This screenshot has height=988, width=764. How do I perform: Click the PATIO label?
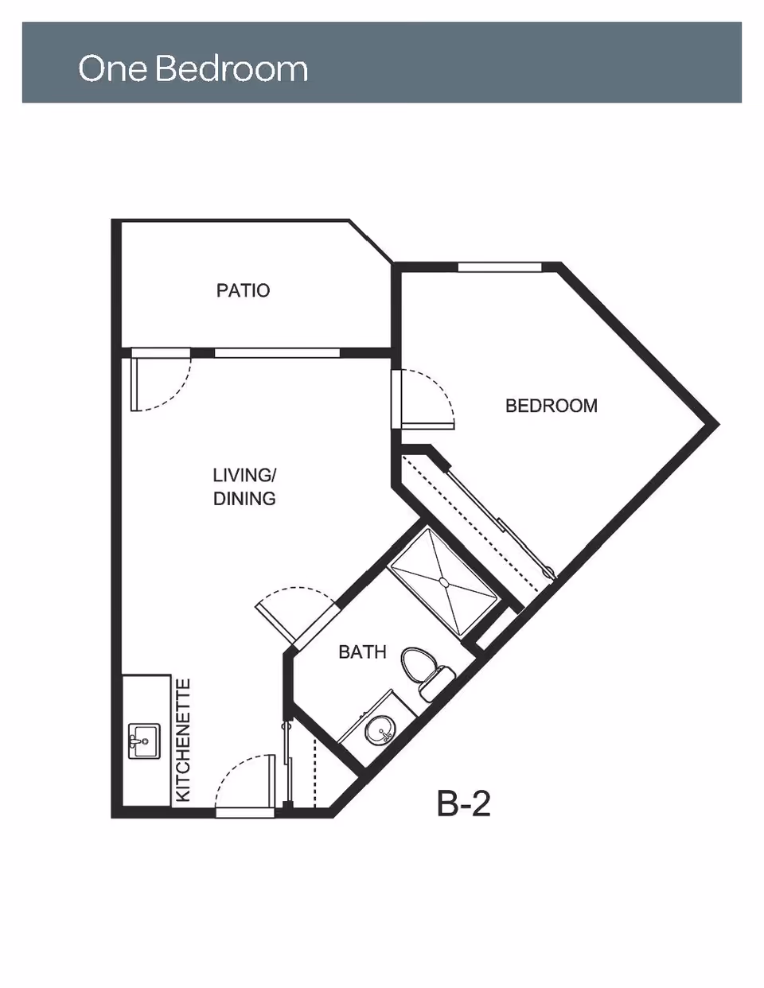[243, 290]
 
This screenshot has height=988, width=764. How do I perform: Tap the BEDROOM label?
[552, 406]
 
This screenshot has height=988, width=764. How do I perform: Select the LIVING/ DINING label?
[244, 487]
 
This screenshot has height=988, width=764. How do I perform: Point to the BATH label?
[362, 652]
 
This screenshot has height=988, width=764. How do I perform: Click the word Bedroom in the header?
[232, 68]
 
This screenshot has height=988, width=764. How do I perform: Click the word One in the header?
[113, 68]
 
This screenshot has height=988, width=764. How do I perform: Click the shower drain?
[443, 582]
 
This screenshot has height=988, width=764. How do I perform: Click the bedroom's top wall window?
[500, 267]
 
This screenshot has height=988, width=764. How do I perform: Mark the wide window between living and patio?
[277, 353]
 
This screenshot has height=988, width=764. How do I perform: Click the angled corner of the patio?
[371, 241]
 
